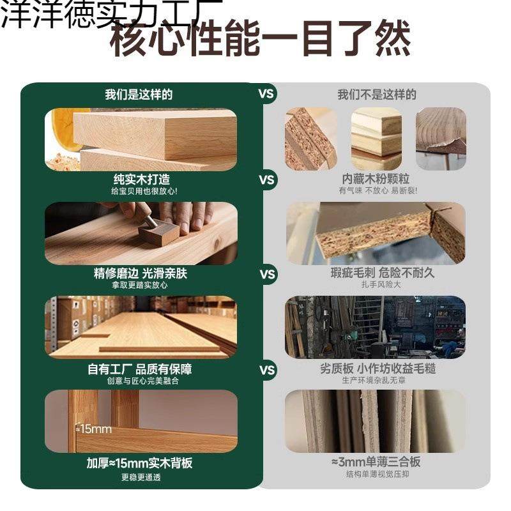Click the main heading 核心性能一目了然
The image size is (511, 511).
tap(261, 40)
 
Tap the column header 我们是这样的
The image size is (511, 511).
tap(139, 95)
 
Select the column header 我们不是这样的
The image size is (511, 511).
tap(377, 95)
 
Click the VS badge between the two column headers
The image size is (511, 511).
tap(266, 94)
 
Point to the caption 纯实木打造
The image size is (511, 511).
tap(141, 179)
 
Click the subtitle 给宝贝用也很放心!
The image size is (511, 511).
tap(141, 191)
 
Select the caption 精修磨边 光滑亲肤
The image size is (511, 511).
tap(141, 273)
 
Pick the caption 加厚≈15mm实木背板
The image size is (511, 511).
tap(139, 463)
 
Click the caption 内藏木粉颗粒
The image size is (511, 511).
tap(376, 179)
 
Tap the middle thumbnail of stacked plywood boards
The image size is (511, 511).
tap(376, 139)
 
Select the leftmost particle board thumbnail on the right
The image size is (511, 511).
tap(311, 139)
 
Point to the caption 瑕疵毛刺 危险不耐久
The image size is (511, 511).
tap(374, 273)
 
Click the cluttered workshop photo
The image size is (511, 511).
tap(375, 327)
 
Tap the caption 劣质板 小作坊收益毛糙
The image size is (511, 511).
tap(378, 369)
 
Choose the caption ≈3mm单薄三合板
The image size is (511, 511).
tap(375, 462)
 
